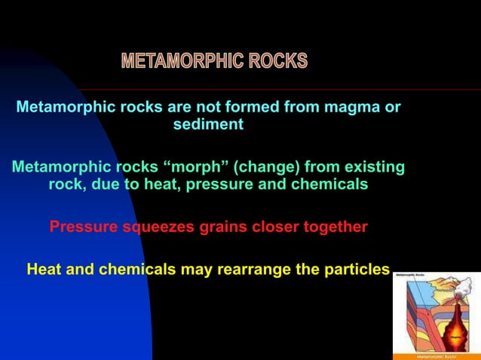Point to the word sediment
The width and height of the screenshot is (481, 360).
tap(208, 125)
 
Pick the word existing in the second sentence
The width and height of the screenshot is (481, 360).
tap(374, 166)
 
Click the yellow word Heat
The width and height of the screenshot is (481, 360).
tap(43, 269)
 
